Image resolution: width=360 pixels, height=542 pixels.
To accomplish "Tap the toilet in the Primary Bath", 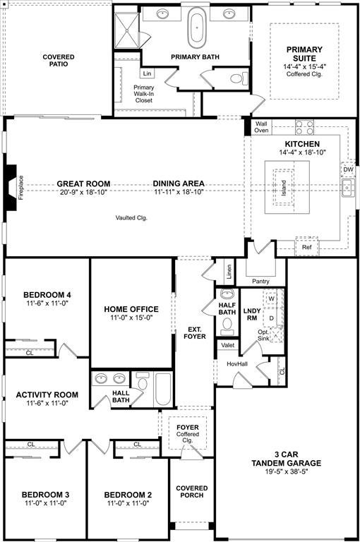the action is pyautogui.click(x=239, y=78).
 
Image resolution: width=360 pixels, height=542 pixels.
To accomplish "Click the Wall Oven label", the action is pyautogui.click(x=261, y=127).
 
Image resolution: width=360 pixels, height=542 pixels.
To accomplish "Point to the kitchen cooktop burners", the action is pyautogui.click(x=304, y=127).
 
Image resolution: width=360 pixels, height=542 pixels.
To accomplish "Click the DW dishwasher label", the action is pyautogui.click(x=348, y=169).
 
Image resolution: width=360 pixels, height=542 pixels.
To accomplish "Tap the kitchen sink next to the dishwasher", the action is pyautogui.click(x=347, y=188).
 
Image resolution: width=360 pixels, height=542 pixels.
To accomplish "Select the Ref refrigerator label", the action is pyautogui.click(x=307, y=247).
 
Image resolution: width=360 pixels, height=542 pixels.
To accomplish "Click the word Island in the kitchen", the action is pyautogui.click(x=284, y=188).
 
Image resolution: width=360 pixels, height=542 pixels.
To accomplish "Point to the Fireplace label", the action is pyautogui.click(x=20, y=188).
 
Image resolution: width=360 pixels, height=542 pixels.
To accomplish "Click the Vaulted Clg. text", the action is pyautogui.click(x=131, y=218).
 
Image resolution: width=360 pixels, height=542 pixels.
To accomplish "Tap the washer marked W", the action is pyautogui.click(x=272, y=299).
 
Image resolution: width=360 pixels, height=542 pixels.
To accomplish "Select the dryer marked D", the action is pyautogui.click(x=272, y=318).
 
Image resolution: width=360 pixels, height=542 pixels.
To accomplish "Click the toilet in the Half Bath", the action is pyautogui.click(x=227, y=327).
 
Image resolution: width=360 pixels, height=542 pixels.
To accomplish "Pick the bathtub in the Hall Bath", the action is pyautogui.click(x=163, y=389).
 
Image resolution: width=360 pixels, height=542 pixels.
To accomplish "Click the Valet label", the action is pyautogui.click(x=228, y=345).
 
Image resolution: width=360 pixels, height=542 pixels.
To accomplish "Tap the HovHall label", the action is pyautogui.click(x=237, y=364).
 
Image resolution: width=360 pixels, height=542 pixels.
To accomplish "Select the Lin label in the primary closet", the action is pyautogui.click(x=148, y=73).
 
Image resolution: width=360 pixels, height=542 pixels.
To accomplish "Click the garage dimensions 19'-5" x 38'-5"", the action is pyautogui.click(x=287, y=471).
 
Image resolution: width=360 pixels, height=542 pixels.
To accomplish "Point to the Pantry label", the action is pyautogui.click(x=260, y=282).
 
